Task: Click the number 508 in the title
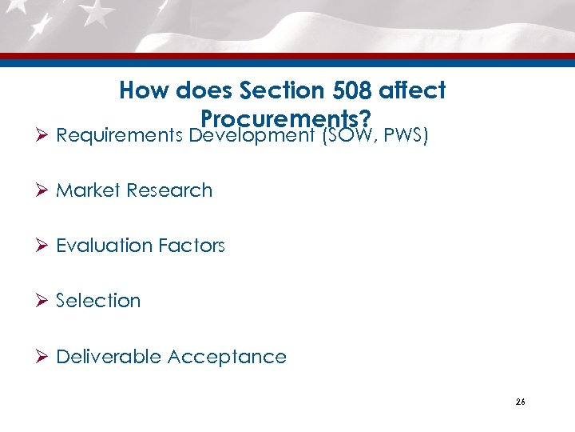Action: click(341, 91)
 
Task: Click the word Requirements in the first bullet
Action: click(120, 136)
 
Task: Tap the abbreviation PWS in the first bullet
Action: click(406, 135)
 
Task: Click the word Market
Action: click(88, 190)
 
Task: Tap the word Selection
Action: click(98, 301)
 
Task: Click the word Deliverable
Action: click(109, 356)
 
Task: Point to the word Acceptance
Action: click(227, 357)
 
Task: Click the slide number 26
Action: click(520, 402)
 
